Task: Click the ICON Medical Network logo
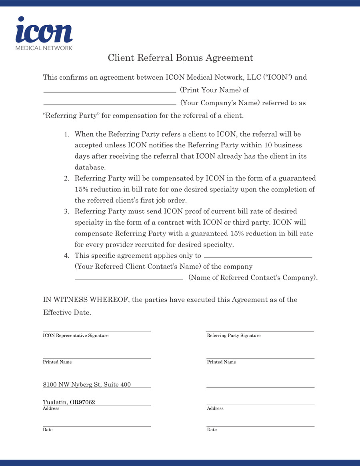pos(44,34)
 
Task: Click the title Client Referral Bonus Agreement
pos(180,58)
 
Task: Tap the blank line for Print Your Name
pos(110,90)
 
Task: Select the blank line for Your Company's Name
pos(110,103)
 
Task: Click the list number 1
pos(67,135)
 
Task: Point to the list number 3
pos(67,211)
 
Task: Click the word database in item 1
pos(90,167)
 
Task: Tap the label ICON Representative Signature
pos(76,335)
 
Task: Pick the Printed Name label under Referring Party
pos(221,362)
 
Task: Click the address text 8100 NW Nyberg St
pos(87,385)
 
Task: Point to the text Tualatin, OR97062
pos(69,402)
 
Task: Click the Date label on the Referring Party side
pos(212,430)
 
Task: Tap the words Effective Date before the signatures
pos(67,313)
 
